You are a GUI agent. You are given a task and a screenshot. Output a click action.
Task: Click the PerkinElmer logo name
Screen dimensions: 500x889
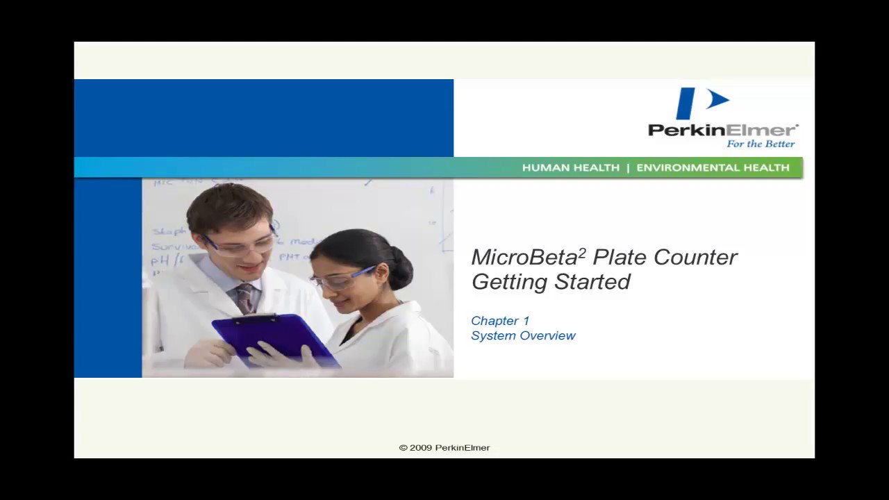(722, 130)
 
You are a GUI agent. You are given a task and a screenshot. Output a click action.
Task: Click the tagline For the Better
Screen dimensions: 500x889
(761, 144)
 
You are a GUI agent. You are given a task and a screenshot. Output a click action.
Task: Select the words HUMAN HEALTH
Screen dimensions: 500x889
(570, 167)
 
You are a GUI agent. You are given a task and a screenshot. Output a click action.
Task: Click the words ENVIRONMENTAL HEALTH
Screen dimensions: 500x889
(713, 167)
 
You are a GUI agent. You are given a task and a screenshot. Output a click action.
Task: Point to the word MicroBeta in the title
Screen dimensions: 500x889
(524, 258)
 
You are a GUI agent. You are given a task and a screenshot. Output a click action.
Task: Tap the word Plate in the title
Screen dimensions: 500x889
(620, 258)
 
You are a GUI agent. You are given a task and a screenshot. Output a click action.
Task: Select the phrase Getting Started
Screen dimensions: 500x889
(551, 282)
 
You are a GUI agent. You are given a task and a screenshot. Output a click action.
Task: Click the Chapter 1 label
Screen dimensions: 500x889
(500, 321)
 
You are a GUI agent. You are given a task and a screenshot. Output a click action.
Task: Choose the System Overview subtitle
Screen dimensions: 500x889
(523, 335)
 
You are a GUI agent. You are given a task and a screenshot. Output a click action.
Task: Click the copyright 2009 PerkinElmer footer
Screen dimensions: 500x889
(444, 448)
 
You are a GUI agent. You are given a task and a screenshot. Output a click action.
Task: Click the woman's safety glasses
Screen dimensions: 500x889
(338, 280)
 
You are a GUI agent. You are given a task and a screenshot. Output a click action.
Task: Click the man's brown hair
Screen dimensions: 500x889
(229, 205)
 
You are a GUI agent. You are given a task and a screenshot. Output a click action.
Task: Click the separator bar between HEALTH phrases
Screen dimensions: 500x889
(628, 167)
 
